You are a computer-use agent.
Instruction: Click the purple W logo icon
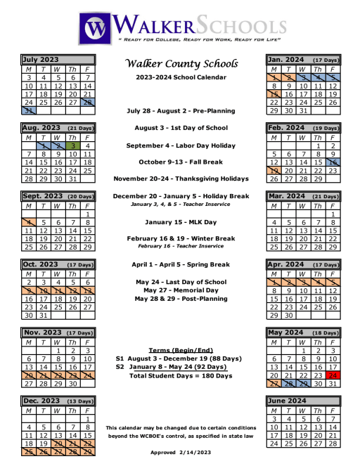point(92,27)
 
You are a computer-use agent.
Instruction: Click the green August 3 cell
point(73,145)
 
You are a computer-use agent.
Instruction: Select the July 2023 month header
point(40,60)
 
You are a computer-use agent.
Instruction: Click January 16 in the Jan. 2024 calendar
point(288,93)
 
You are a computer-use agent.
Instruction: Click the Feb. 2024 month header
point(286,128)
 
